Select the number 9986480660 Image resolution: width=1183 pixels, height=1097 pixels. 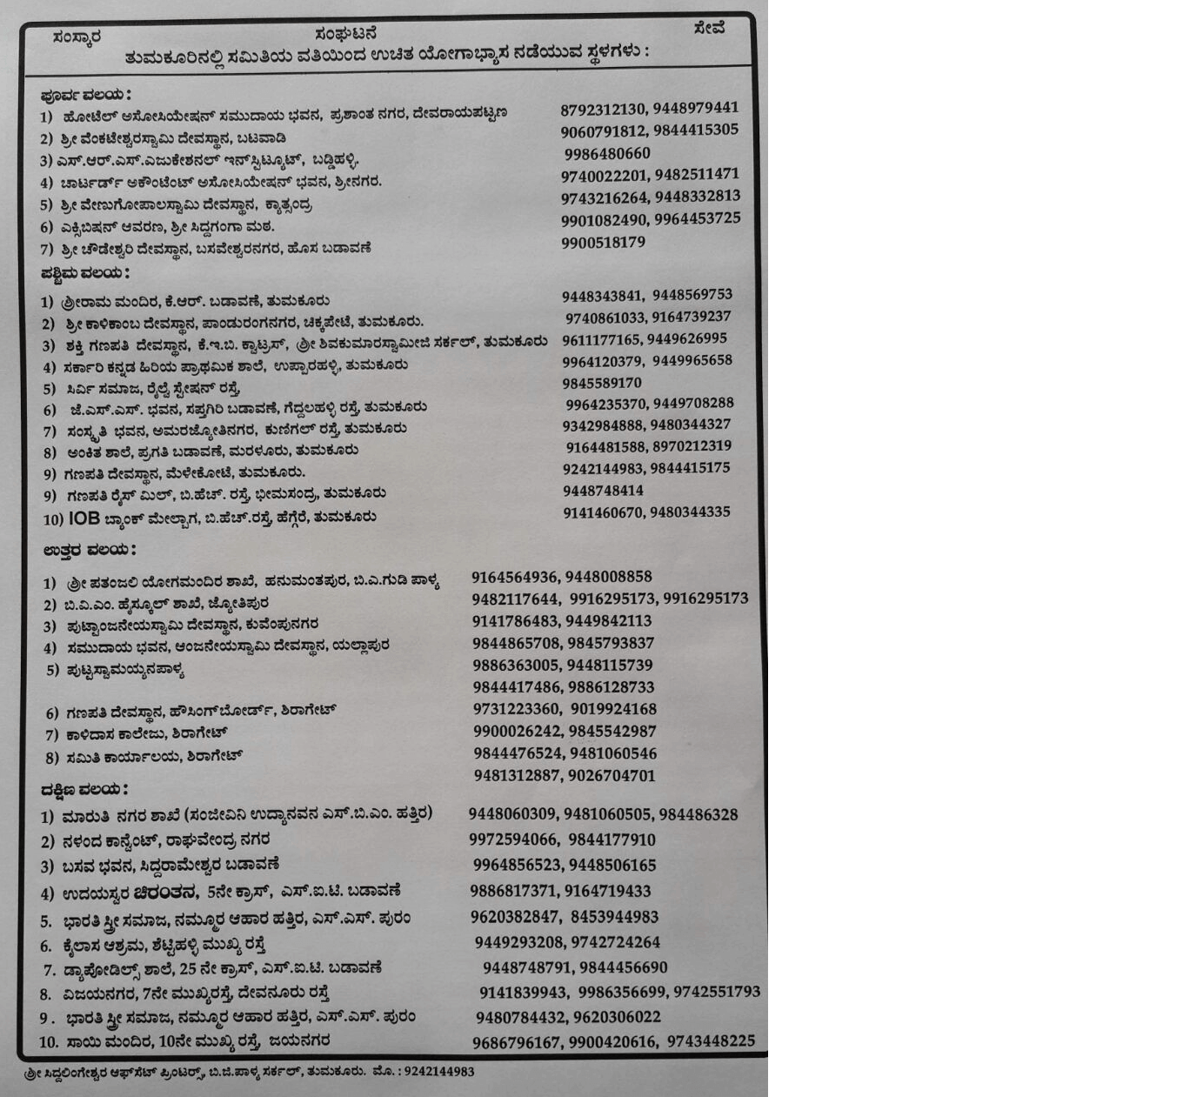click(607, 154)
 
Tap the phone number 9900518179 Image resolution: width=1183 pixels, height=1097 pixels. click(603, 243)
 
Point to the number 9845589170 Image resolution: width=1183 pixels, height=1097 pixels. click(602, 383)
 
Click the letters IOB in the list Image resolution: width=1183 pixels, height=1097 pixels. click(84, 518)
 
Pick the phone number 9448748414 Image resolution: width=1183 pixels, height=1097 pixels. click(603, 491)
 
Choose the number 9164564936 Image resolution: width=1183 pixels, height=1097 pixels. click(515, 577)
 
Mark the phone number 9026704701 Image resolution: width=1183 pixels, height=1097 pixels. click(612, 775)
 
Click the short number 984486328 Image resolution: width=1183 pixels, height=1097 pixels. click(698, 815)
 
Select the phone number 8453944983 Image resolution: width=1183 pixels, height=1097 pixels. click(615, 917)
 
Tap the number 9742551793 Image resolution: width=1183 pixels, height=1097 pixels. click(717, 992)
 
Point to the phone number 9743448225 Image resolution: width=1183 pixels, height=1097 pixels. click(712, 1041)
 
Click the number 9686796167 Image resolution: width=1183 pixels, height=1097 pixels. click(517, 1042)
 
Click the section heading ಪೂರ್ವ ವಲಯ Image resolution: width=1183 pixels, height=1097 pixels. click(85, 94)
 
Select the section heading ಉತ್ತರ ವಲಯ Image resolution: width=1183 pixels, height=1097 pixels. click(89, 550)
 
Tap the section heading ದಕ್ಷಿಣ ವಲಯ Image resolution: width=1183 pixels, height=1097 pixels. click(84, 789)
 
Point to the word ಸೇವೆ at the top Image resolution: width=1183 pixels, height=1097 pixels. click(710, 28)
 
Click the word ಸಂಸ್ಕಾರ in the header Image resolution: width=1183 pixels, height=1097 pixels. click(77, 37)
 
